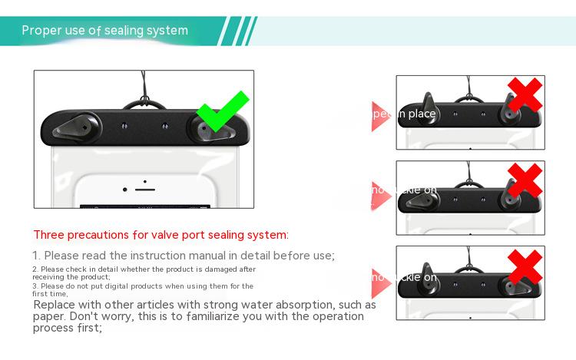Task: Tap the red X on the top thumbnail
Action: click(525, 95)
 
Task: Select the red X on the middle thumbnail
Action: click(525, 180)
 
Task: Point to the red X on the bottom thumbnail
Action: click(525, 266)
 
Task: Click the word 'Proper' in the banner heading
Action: click(41, 31)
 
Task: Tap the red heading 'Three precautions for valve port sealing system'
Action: click(161, 235)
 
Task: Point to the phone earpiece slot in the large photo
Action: click(145, 187)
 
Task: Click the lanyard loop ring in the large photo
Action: click(143, 103)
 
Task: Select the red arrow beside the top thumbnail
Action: click(378, 116)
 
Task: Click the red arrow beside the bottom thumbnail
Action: click(378, 278)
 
